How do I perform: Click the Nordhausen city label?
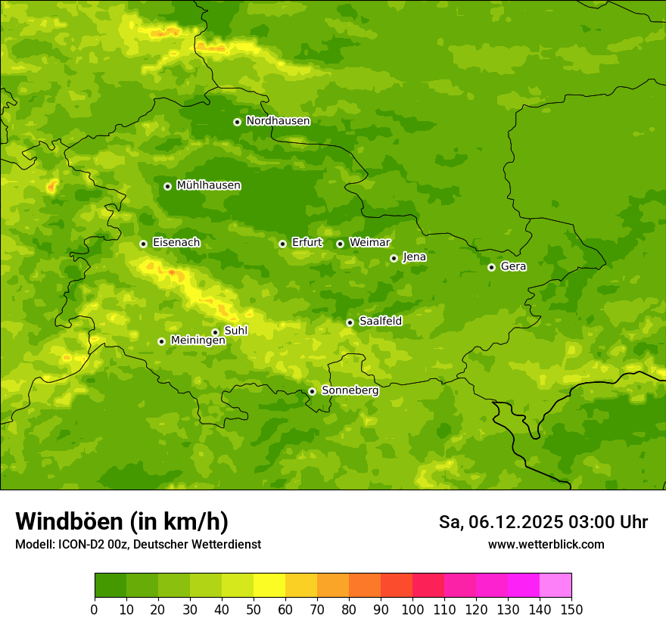[278, 121]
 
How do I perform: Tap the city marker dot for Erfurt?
[282, 244]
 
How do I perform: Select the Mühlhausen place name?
[208, 185]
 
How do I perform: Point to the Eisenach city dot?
[143, 244]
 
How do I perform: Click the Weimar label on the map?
[369, 243]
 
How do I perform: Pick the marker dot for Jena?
[394, 258]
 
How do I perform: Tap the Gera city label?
[513, 266]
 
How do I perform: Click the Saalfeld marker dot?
[350, 322]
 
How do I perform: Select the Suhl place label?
[235, 331]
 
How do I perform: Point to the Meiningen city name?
[198, 340]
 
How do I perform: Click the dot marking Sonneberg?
[312, 391]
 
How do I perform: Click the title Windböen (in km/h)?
[122, 521]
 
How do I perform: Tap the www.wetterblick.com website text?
[546, 544]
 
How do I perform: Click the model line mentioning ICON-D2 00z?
[138, 544]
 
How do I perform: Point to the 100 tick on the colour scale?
[412, 609]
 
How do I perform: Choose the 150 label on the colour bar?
[571, 609]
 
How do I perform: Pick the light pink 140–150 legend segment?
[556, 585]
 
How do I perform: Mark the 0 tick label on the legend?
[95, 609]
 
